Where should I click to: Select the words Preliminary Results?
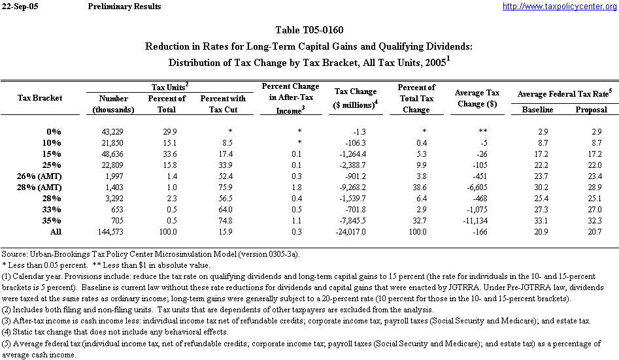pyautogui.click(x=124, y=7)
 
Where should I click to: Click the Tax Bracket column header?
pyautogui.click(x=40, y=97)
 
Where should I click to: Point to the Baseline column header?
pyautogui.click(x=537, y=109)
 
